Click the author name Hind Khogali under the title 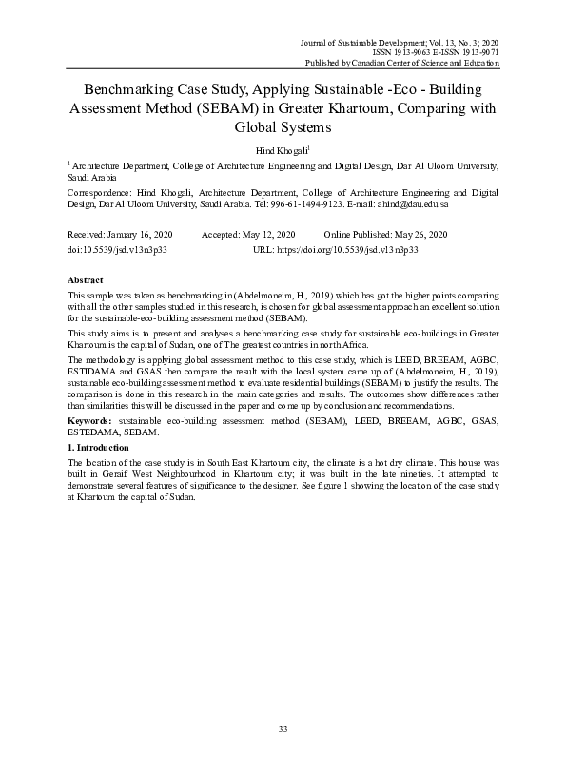coord(282,150)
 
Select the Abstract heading coord(86,281)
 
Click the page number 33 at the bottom coord(283,729)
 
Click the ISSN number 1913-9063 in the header coord(410,52)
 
